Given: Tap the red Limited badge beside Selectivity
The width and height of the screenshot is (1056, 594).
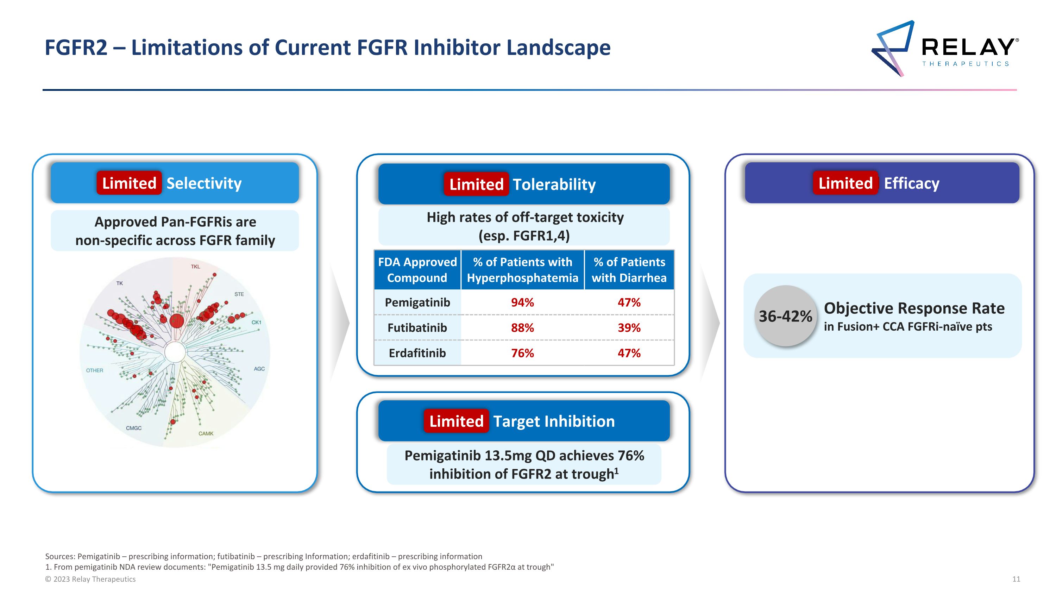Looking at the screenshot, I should tap(129, 183).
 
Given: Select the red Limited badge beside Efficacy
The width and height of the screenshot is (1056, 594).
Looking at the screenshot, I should tap(845, 183).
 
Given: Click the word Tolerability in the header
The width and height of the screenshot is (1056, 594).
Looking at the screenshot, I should tap(554, 185).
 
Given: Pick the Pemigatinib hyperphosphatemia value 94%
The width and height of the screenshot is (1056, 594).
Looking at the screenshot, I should tap(522, 302).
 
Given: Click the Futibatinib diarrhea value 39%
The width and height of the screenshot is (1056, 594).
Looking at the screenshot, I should tap(629, 328).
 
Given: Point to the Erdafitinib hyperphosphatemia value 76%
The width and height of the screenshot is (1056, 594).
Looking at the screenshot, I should tap(522, 353).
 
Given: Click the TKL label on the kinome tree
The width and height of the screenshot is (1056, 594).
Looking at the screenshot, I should tap(196, 267).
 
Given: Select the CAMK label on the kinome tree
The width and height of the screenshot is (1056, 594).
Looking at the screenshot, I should tap(206, 433).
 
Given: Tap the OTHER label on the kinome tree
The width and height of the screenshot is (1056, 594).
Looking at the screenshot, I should tap(94, 370).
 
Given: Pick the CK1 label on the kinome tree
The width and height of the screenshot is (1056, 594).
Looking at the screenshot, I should tap(256, 322).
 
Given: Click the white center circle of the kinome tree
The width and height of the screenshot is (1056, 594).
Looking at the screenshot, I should tap(175, 352).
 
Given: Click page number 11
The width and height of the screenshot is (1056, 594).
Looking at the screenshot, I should tap(1016, 579).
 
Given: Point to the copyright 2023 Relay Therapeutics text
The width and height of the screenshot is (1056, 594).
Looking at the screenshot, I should tap(90, 579).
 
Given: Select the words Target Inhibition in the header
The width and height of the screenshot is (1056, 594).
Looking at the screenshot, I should tap(553, 421).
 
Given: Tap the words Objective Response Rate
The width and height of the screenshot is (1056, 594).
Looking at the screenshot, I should tap(914, 308).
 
